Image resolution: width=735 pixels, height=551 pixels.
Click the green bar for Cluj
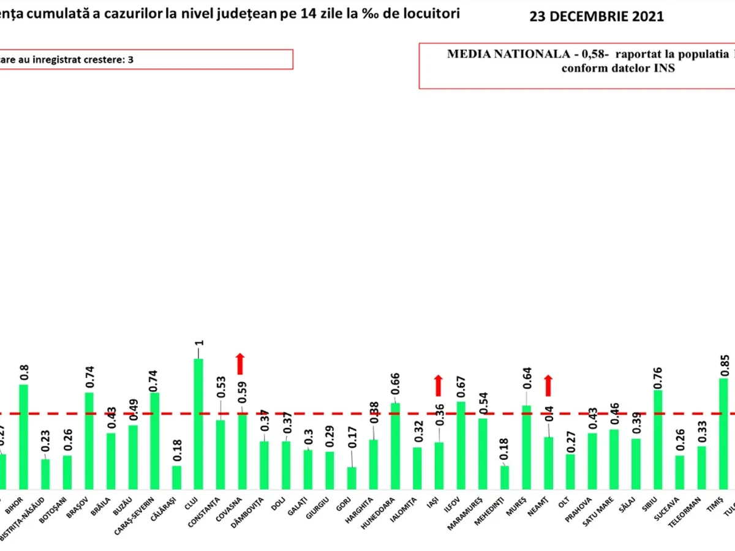click(198, 423)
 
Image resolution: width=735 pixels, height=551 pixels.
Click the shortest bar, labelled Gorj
click(352, 478)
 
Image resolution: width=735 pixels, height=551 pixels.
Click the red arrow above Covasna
click(241, 364)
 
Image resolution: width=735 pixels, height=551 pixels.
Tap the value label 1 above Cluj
click(199, 343)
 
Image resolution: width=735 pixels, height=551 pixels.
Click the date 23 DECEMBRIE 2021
click(596, 17)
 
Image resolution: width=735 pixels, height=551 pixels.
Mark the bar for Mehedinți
click(505, 477)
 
